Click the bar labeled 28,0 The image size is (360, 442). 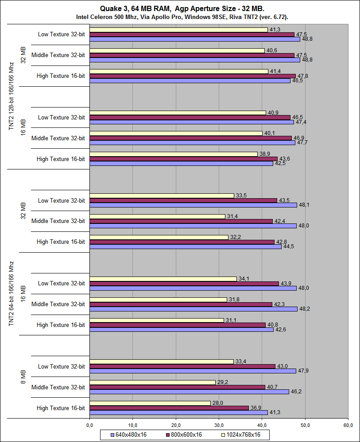[150, 403]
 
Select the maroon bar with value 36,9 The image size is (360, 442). [169, 408]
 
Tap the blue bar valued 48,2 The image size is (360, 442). [194, 309]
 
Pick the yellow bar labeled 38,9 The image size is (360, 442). [174, 154]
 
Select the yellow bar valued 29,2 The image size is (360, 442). [153, 382]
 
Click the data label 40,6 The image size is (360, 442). [271, 50]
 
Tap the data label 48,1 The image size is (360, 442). [303, 205]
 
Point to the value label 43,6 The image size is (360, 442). [284, 158]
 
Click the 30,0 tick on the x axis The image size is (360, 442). [219, 425]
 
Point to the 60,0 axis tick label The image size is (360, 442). [348, 425]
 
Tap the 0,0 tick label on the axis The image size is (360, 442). [89, 425]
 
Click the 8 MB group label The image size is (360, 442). [23, 377]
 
